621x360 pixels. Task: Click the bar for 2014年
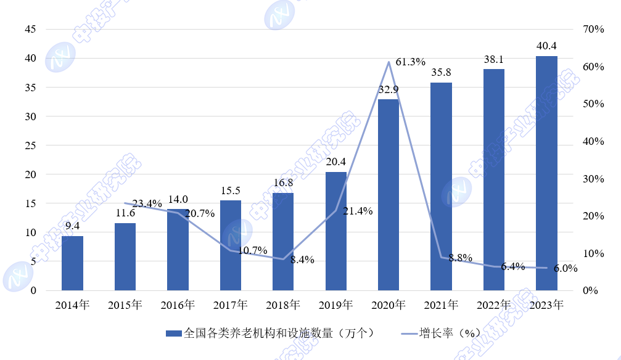click(x=72, y=263)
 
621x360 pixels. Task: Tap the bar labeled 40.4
click(x=546, y=173)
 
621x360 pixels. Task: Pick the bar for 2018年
click(x=283, y=242)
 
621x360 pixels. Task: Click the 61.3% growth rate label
click(x=411, y=62)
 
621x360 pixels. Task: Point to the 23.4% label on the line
click(x=147, y=204)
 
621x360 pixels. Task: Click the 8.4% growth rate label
click(x=302, y=260)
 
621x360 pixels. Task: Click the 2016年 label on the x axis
click(x=178, y=305)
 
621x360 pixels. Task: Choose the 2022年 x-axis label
click(x=493, y=305)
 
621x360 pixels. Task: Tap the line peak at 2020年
click(x=389, y=62)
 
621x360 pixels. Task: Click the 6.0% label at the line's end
click(x=565, y=269)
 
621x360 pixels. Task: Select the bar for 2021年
click(x=441, y=186)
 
